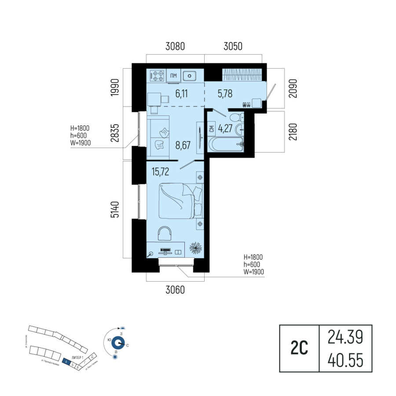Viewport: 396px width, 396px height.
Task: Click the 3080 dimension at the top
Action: pyautogui.click(x=175, y=46)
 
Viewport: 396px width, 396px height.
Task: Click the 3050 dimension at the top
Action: pyautogui.click(x=233, y=46)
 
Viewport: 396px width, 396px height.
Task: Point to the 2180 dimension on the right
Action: pyautogui.click(x=293, y=132)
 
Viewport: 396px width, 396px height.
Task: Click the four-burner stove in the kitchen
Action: pyautogui.click(x=158, y=76)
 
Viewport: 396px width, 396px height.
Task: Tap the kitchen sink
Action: pyautogui.click(x=190, y=76)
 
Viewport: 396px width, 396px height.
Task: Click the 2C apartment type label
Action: pyautogui.click(x=299, y=348)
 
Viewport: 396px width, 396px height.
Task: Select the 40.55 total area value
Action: pyautogui.click(x=345, y=360)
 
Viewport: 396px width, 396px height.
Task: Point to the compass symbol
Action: pyautogui.click(x=117, y=342)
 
